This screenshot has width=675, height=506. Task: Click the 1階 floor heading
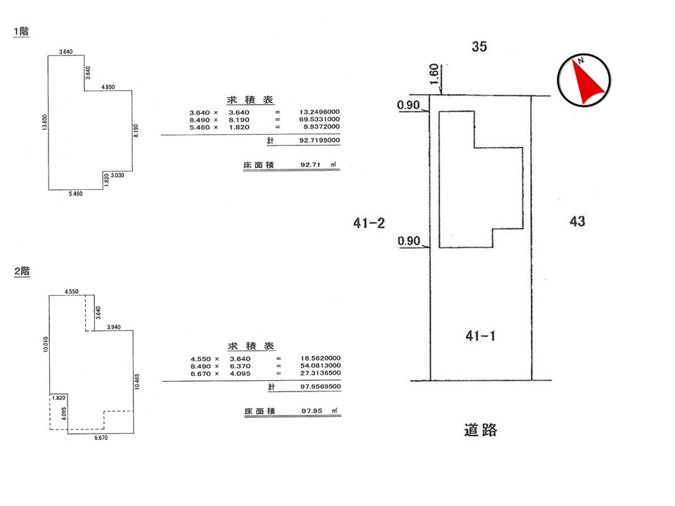[x=21, y=32]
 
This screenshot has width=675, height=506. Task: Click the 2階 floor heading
[x=22, y=271]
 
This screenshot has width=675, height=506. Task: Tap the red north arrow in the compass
[x=586, y=82]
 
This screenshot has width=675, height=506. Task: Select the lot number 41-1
[x=480, y=336]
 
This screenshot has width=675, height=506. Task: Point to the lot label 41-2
[x=369, y=223]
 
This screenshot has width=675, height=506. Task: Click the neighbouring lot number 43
[x=577, y=221]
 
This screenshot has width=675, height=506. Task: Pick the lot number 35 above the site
[x=479, y=46]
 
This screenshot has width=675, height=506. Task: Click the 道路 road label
[x=480, y=430]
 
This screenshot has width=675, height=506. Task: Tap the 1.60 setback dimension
[x=435, y=74]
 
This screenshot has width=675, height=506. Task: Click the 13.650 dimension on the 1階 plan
[x=45, y=122]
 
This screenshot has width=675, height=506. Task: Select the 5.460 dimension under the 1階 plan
[x=75, y=194]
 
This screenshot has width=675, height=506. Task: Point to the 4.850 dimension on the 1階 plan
[x=108, y=87]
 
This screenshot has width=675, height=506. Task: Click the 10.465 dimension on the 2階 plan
[x=137, y=382]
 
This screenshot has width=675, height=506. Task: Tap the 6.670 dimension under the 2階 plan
[x=101, y=438]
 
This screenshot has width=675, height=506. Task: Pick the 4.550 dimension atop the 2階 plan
[x=72, y=292]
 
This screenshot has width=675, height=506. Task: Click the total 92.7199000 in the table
[x=319, y=141]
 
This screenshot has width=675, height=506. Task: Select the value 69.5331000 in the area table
[x=319, y=119]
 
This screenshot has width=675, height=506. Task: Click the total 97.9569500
[x=321, y=387]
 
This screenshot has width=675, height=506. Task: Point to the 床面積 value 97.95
[x=311, y=411]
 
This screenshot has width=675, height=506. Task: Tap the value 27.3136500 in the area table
[x=321, y=373]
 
